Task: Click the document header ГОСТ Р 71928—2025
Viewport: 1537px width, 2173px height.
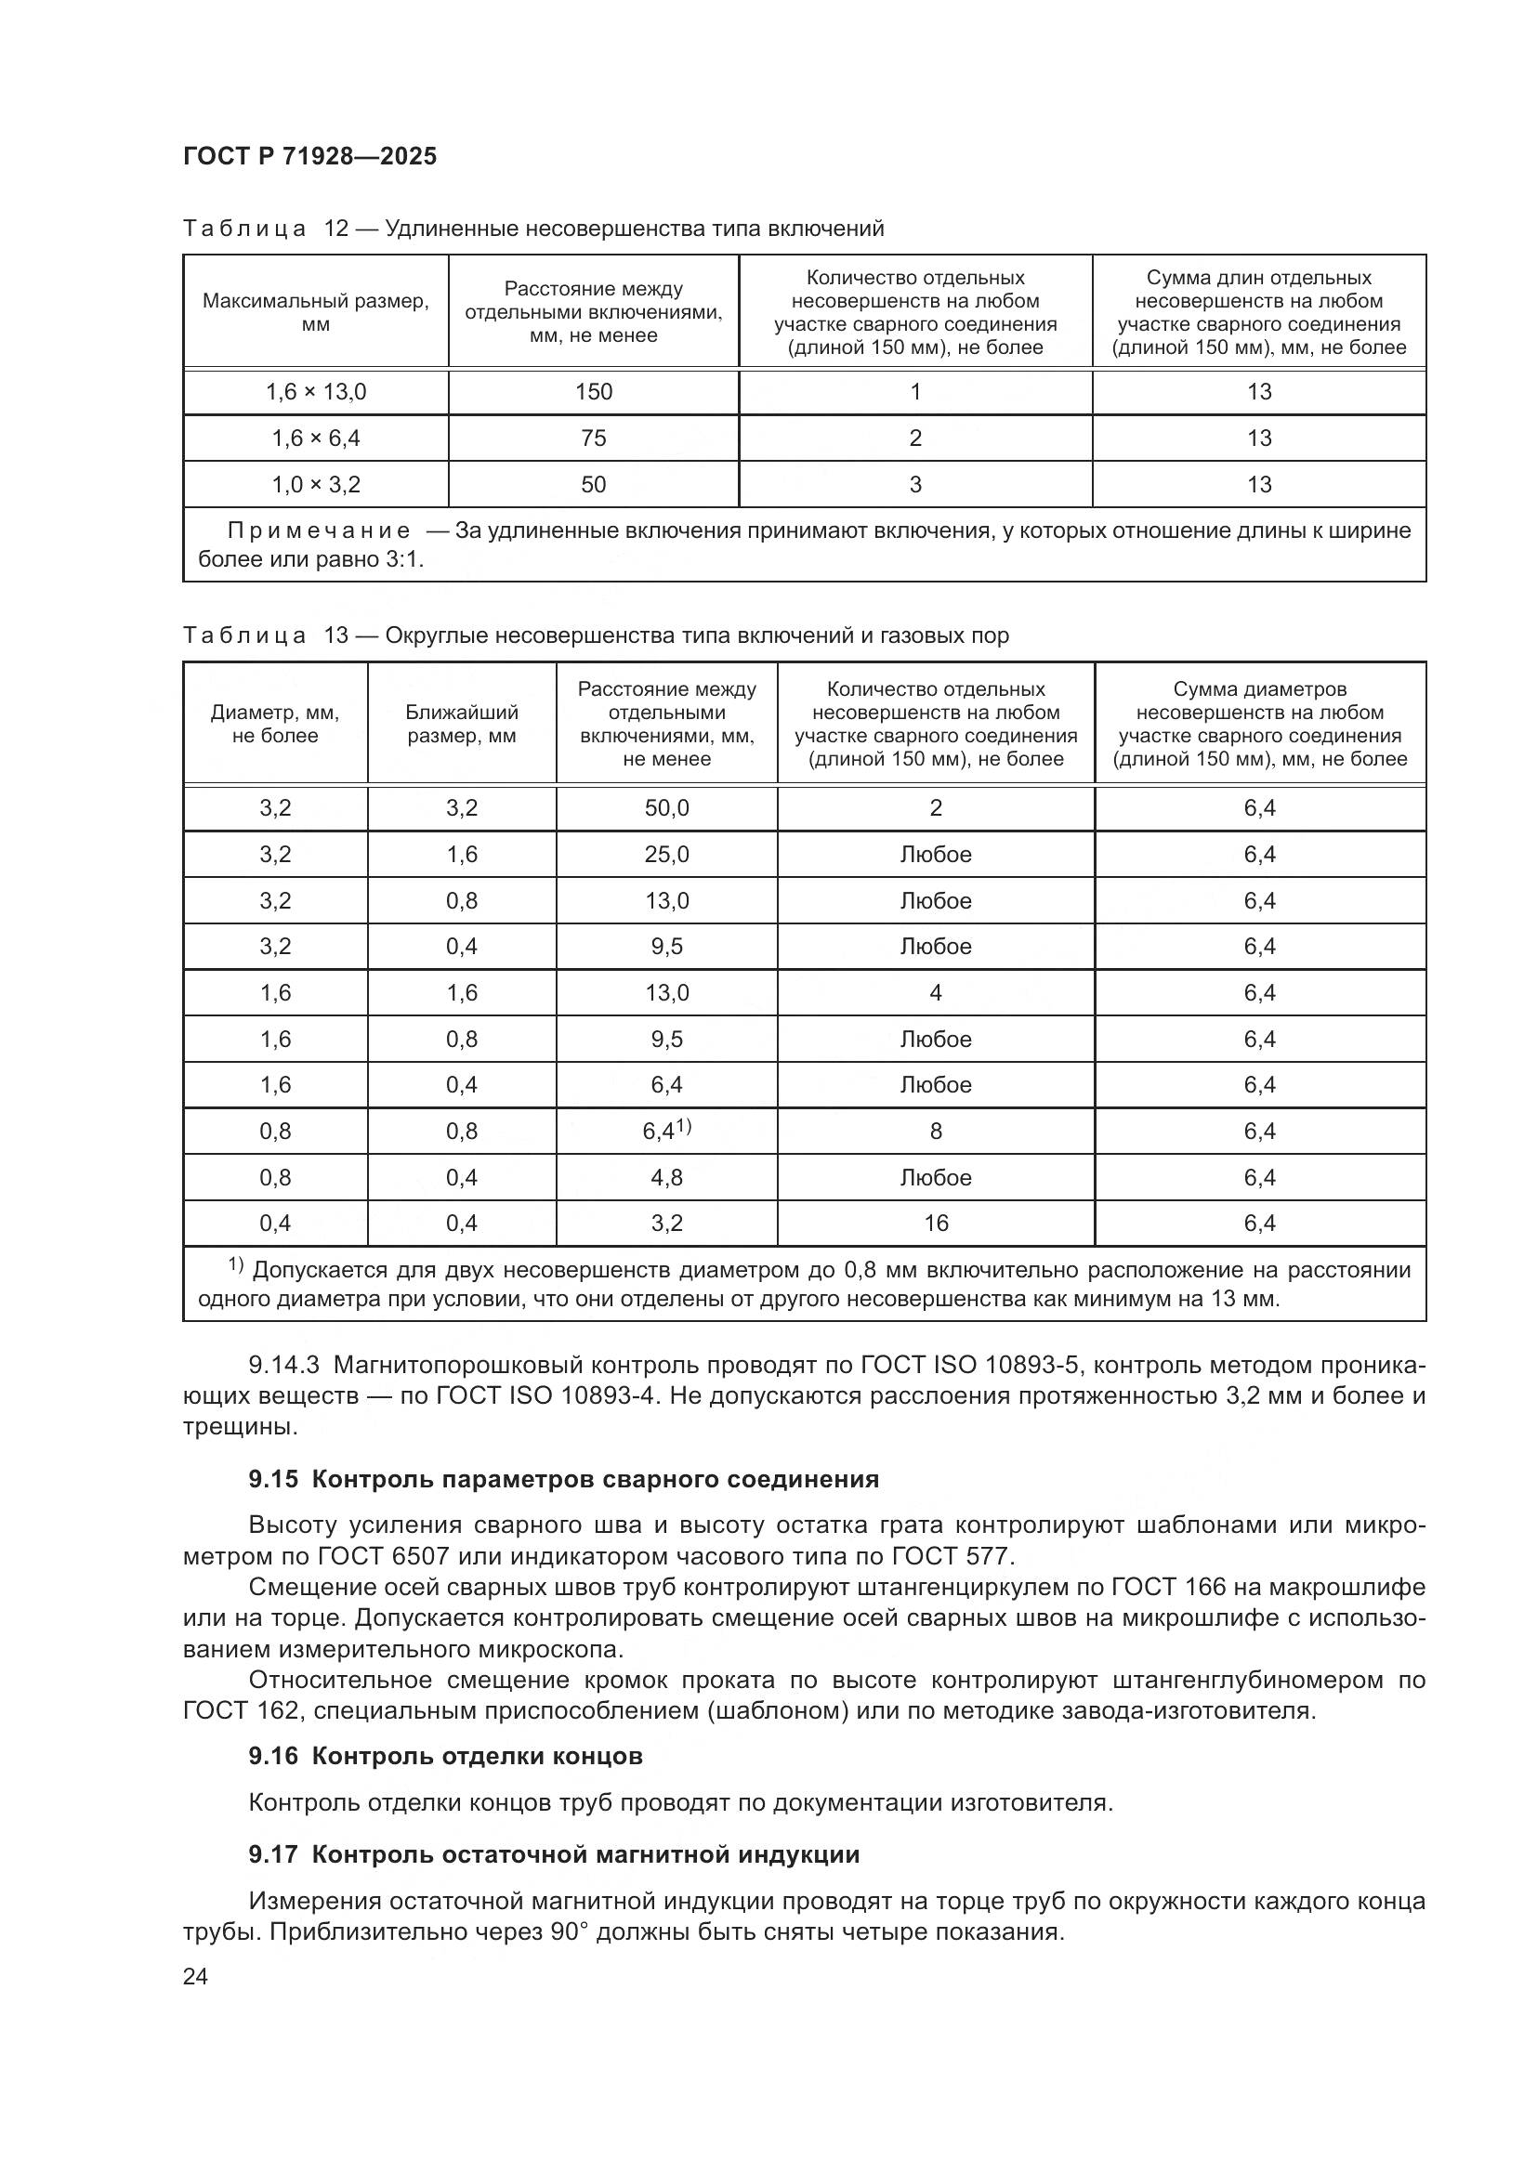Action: [309, 157]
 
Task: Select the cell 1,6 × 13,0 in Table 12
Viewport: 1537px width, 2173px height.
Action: [315, 392]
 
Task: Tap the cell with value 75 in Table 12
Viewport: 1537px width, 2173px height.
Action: [594, 439]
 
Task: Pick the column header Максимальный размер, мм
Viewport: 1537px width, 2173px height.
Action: [315, 312]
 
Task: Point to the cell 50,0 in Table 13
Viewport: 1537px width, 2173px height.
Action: [666, 808]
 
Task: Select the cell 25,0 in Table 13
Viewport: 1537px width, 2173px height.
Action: [666, 855]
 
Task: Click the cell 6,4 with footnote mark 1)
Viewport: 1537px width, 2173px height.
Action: [666, 1131]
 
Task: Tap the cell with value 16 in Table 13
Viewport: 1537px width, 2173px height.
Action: [935, 1224]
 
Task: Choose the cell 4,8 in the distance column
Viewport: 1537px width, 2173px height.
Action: [666, 1177]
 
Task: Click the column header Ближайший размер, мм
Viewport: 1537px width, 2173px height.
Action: [462, 724]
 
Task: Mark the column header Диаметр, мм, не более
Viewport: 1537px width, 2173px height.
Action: [274, 724]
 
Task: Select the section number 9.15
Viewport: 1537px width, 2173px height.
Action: [272, 1479]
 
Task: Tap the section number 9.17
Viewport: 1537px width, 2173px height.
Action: [272, 1855]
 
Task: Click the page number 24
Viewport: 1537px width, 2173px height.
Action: [195, 1976]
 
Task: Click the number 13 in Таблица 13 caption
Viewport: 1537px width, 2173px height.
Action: [336, 635]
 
